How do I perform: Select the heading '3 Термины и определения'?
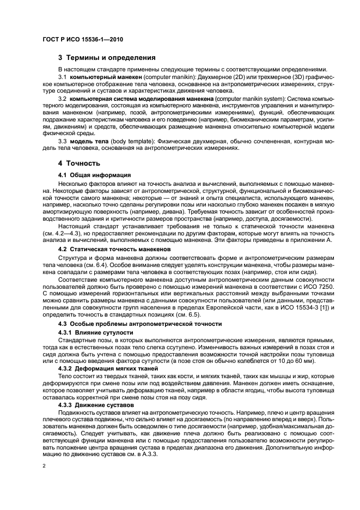tap(107, 57)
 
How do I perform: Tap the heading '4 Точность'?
tap(79, 163)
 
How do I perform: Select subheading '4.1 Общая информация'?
tap(94, 175)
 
